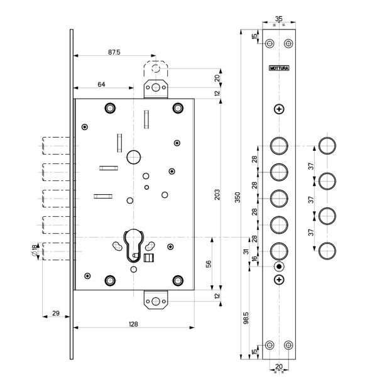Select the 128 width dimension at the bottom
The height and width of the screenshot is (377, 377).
133,324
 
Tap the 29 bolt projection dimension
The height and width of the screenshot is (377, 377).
55,312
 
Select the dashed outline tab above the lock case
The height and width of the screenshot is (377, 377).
156,69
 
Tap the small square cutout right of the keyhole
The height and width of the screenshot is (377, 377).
150,258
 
